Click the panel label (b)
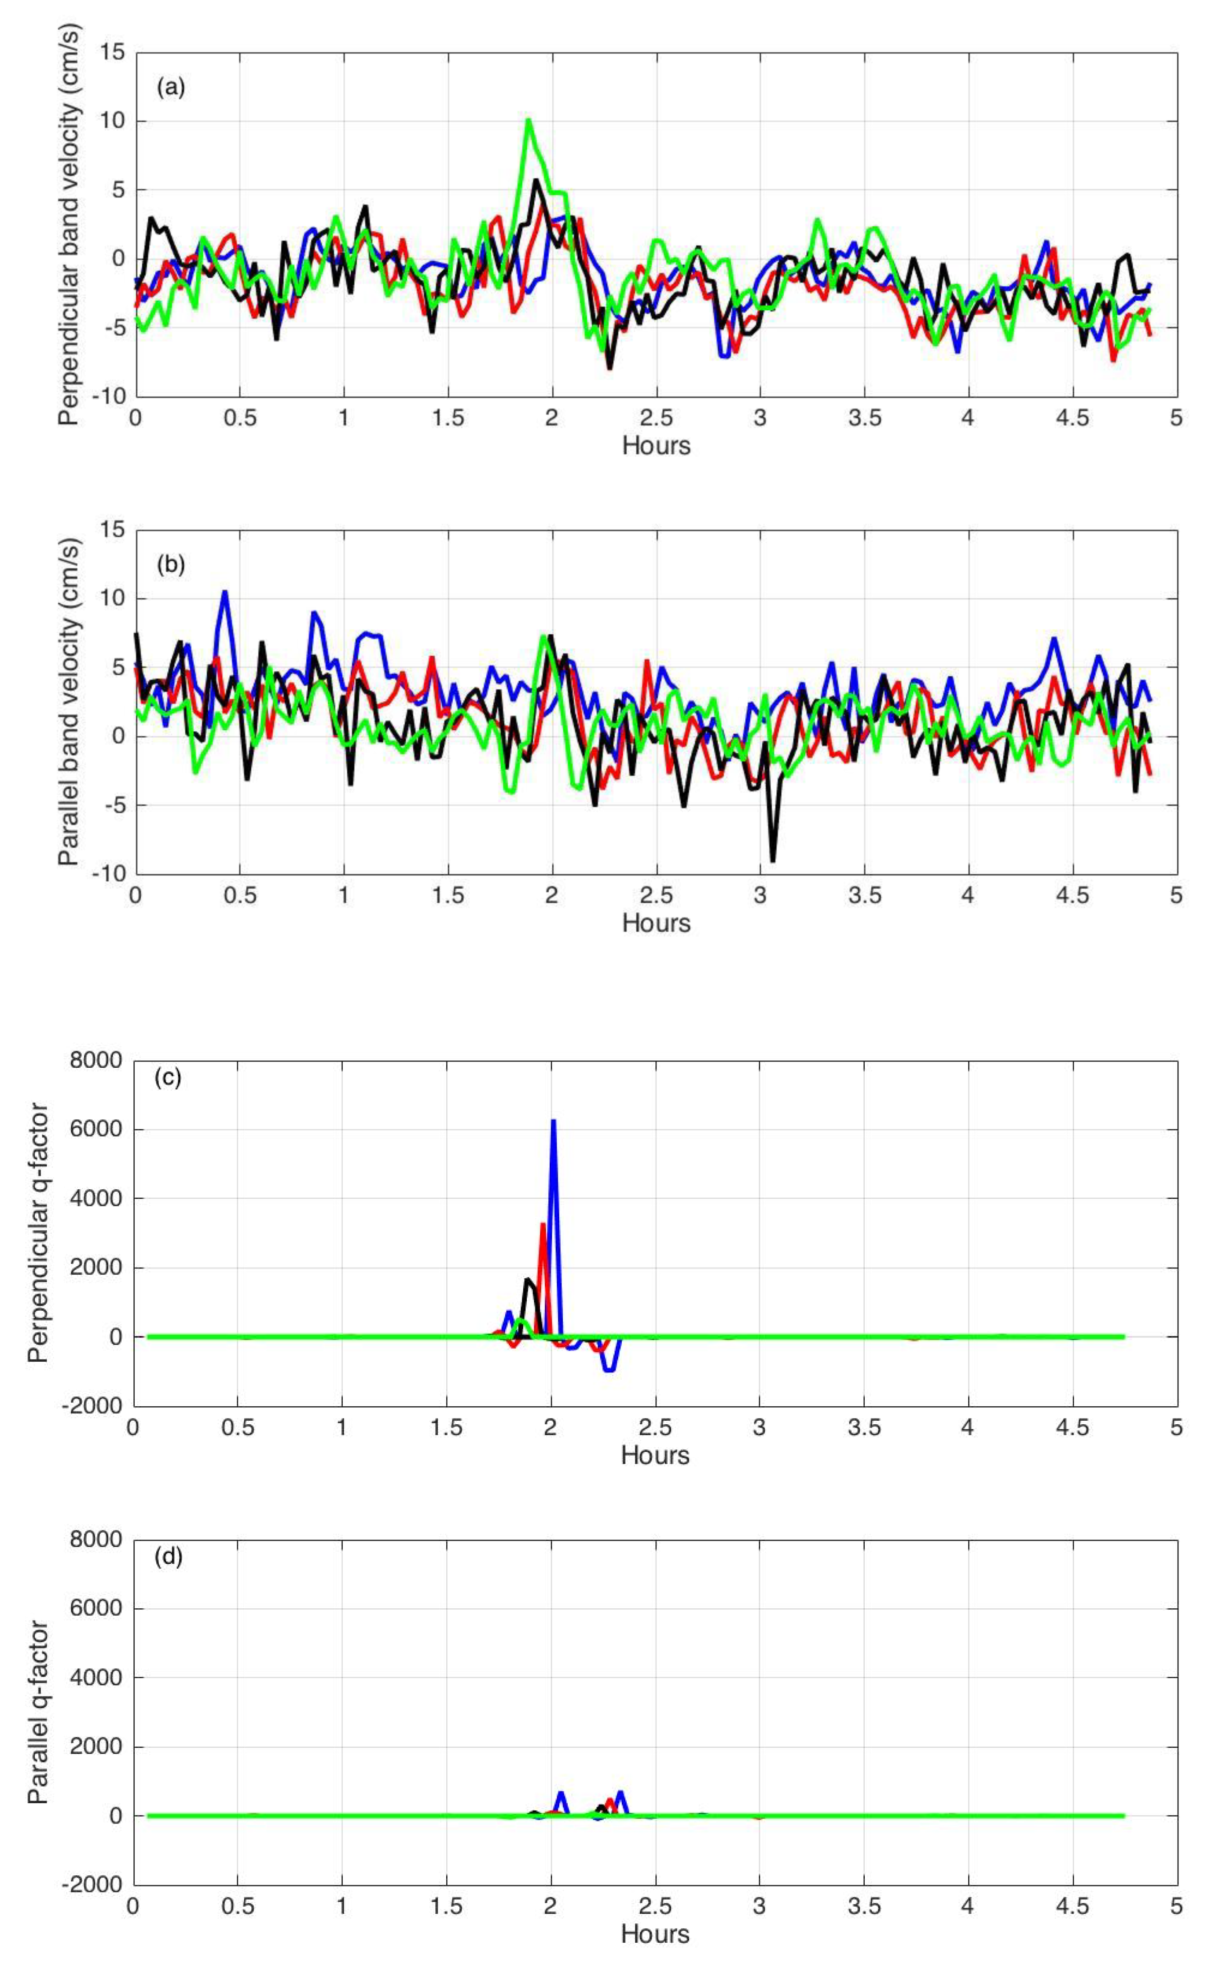170,565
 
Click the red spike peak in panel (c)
543,1224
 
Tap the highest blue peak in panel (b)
225,592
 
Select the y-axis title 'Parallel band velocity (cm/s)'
69,702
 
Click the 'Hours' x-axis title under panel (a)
656,446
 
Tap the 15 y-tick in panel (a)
113,53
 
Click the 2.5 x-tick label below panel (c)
655,1428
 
